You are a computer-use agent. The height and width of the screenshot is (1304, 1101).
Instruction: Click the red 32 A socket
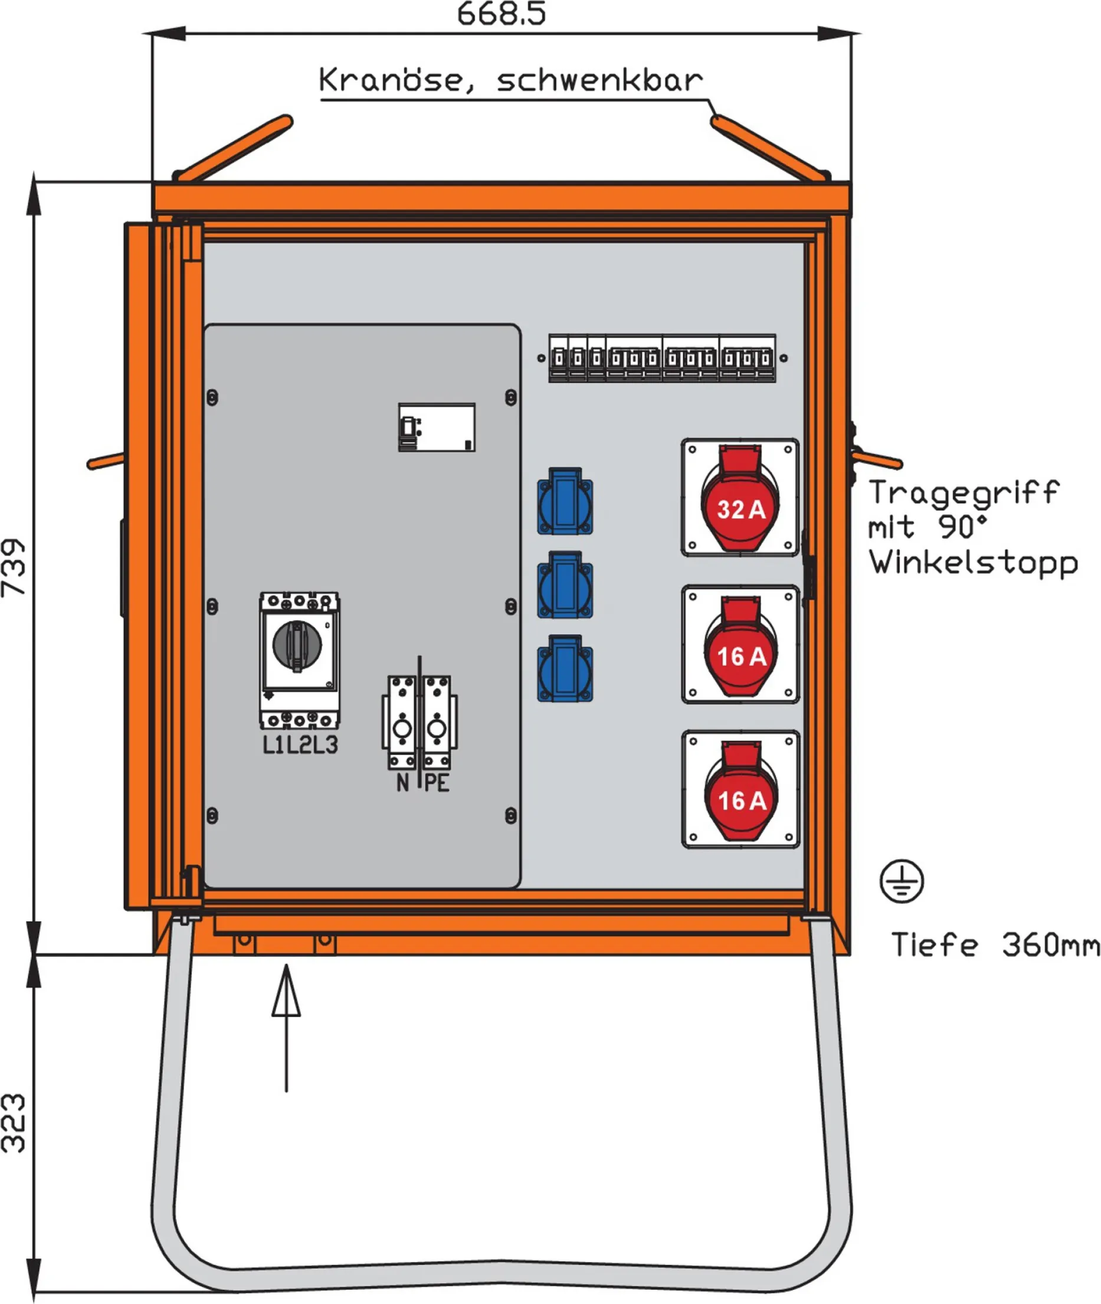pyautogui.click(x=740, y=499)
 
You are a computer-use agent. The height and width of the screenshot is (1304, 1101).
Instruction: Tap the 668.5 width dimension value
pyautogui.click(x=501, y=14)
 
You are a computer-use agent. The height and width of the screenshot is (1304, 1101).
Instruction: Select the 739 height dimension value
pyautogui.click(x=14, y=568)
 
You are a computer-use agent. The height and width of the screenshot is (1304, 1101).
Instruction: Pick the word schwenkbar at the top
pyautogui.click(x=600, y=80)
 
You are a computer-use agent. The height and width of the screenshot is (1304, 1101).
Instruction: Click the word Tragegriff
pyautogui.click(x=964, y=492)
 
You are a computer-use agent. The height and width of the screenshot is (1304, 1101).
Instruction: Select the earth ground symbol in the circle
pyautogui.click(x=901, y=881)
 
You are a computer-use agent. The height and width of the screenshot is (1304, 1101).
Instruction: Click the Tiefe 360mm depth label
pyautogui.click(x=995, y=944)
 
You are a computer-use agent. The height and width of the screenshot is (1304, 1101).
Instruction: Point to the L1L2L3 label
pyautogui.click(x=300, y=745)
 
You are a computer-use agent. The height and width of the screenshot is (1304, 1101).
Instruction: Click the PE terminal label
pyautogui.click(x=437, y=783)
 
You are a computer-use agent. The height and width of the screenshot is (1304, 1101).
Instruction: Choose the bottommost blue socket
pyautogui.click(x=565, y=669)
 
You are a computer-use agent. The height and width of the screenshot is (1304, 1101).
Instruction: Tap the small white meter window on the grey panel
pyautogui.click(x=437, y=427)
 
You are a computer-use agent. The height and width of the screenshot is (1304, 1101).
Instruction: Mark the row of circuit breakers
pyautogui.click(x=662, y=358)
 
